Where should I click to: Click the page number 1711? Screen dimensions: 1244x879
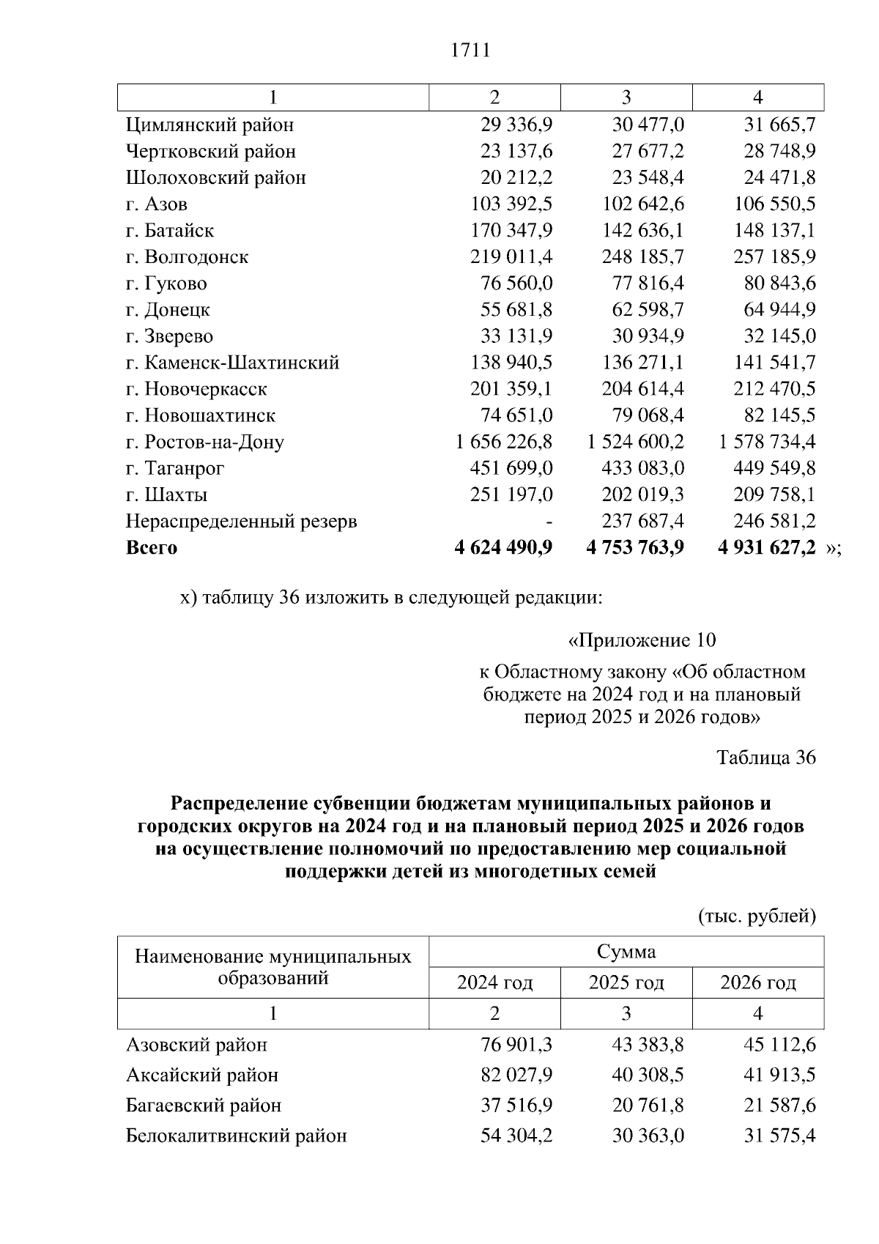click(470, 51)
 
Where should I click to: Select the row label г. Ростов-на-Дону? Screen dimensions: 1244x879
click(204, 443)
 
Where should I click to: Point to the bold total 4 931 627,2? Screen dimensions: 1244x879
click(767, 548)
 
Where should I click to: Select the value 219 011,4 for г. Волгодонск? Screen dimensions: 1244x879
click(511, 257)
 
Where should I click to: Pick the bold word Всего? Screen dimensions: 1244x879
click(152, 548)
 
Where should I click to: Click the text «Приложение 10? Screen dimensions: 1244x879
click(642, 640)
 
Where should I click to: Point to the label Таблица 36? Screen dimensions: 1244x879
click(766, 758)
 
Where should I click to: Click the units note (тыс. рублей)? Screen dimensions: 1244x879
click(757, 917)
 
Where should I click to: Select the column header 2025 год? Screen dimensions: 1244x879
click(626, 982)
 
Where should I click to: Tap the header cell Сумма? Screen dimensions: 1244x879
click(626, 952)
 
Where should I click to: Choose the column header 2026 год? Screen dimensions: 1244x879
click(758, 982)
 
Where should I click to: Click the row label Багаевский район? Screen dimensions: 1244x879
click(204, 1106)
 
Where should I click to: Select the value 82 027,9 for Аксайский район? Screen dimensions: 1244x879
click(516, 1075)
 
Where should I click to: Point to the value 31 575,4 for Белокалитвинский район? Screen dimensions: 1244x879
click(779, 1136)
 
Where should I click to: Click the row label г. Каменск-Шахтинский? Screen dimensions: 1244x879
click(232, 363)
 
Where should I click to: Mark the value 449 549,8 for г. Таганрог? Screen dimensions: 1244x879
click(774, 469)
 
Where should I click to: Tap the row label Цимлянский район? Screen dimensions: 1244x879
click(209, 125)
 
